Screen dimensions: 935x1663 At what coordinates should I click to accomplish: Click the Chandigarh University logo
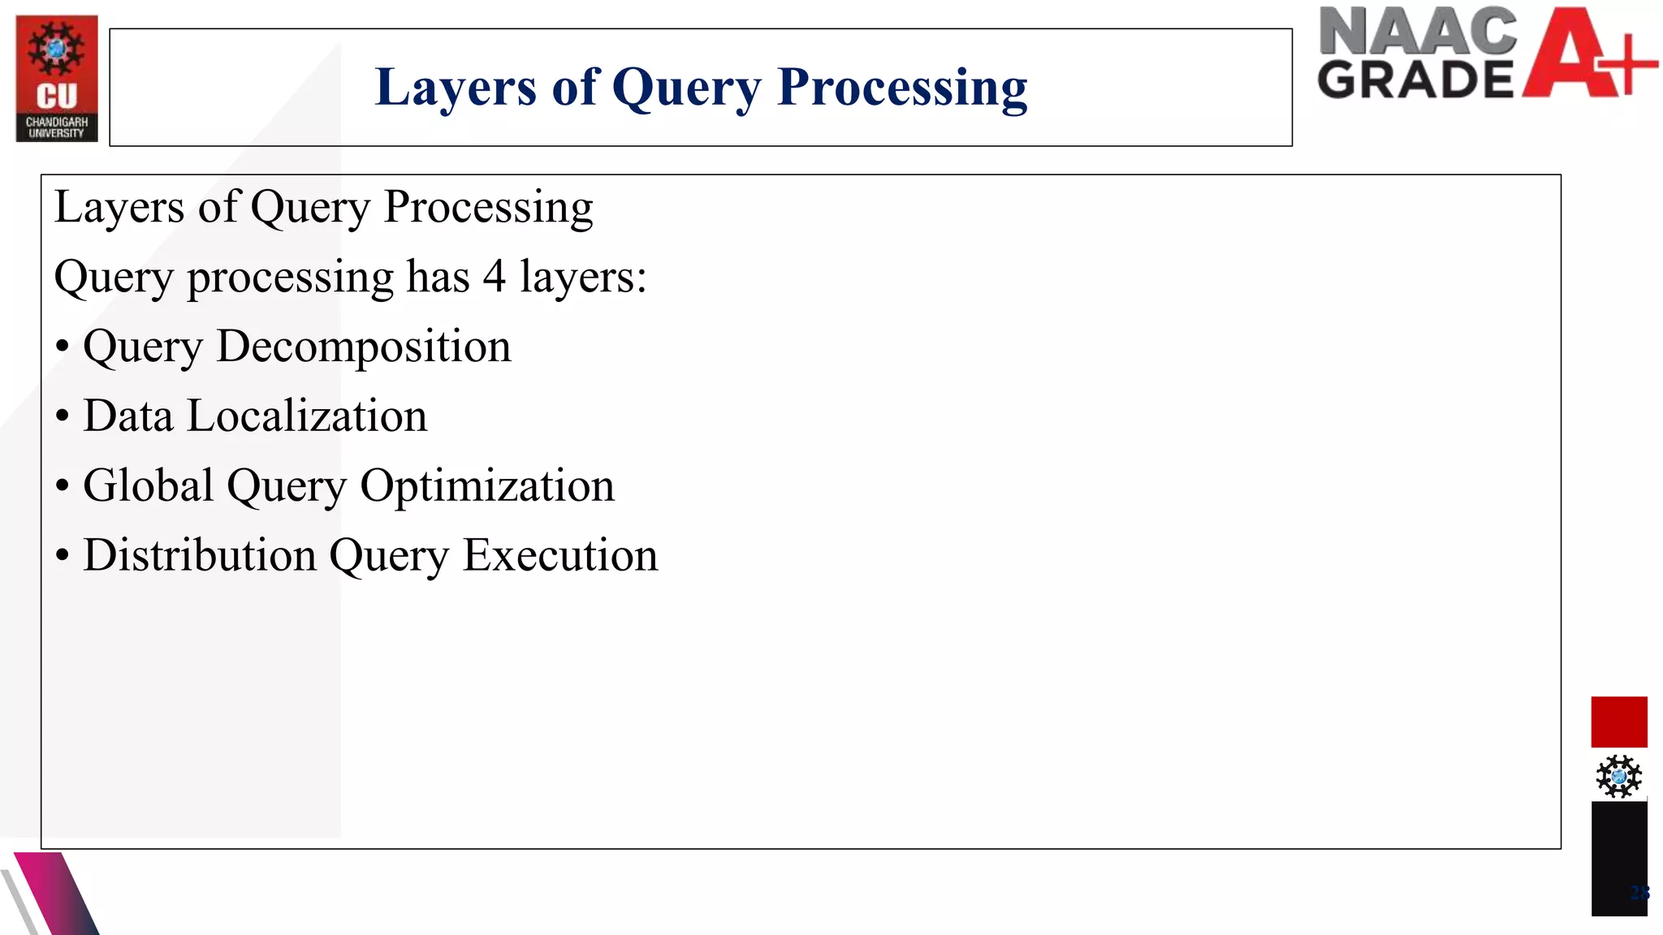(57, 79)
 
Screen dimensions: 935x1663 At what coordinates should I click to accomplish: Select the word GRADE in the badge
(1415, 80)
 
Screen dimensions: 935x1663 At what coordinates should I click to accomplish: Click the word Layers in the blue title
(456, 88)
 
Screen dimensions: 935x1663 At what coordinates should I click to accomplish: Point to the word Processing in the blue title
(901, 88)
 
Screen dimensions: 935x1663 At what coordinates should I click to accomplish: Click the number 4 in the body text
(494, 277)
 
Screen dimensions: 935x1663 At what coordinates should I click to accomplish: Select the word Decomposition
(364, 347)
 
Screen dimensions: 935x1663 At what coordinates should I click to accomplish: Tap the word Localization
(307, 416)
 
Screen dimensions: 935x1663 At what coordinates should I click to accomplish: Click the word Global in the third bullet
(148, 486)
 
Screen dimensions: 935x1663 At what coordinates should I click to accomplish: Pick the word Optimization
(487, 486)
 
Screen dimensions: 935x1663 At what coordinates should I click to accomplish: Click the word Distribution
(200, 556)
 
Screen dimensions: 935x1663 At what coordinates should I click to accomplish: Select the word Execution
(560, 556)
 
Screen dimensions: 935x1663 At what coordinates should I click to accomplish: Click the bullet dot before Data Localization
(63, 417)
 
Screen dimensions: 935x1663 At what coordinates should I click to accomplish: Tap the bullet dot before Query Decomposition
(63, 347)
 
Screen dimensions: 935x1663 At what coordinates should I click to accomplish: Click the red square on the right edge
(1618, 722)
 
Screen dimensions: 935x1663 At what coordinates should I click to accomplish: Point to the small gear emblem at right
(1618, 777)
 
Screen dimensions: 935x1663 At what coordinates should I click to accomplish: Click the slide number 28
(1639, 894)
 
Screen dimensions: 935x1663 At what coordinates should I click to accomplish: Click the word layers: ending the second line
(583, 277)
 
